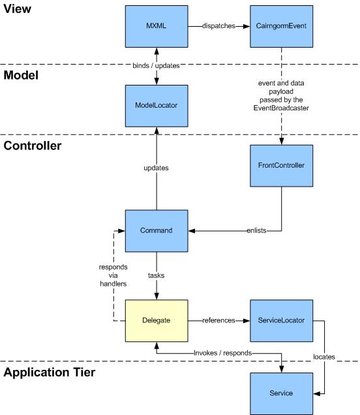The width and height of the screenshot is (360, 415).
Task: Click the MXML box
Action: pos(157,27)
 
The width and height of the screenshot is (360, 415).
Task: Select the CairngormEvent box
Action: pos(282,27)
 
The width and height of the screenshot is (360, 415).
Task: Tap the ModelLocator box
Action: pos(157,106)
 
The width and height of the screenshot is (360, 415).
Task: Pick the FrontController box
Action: pos(282,166)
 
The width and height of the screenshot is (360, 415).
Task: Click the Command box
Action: pos(157,231)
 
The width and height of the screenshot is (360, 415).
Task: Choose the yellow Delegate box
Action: pos(157,321)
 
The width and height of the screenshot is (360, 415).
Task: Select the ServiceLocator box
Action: pos(282,321)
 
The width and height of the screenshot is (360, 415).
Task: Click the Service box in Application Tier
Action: pos(282,393)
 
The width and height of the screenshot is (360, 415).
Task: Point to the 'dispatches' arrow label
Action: pos(218,26)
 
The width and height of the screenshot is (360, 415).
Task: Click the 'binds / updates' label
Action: pos(156,65)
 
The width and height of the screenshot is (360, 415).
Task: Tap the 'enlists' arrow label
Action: pos(256,230)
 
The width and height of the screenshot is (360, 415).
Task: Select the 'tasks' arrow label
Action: pos(156,275)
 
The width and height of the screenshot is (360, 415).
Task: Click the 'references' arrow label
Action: pos(218,320)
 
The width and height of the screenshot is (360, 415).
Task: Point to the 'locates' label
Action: pos(324,357)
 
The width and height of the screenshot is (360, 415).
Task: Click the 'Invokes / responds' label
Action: pos(223,353)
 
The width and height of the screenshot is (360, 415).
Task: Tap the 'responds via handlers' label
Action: pos(113,275)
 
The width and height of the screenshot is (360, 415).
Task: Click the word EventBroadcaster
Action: pos(281,108)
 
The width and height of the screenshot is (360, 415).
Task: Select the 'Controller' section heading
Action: pos(33,146)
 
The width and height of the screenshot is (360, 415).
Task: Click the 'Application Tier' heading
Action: pos(50,373)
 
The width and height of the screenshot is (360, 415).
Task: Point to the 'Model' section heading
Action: pos(21,75)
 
